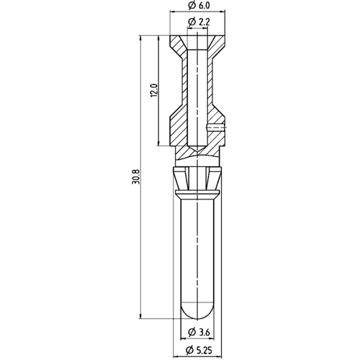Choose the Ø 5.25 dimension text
point(201,350)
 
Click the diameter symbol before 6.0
point(190,7)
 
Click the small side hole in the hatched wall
point(217,128)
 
